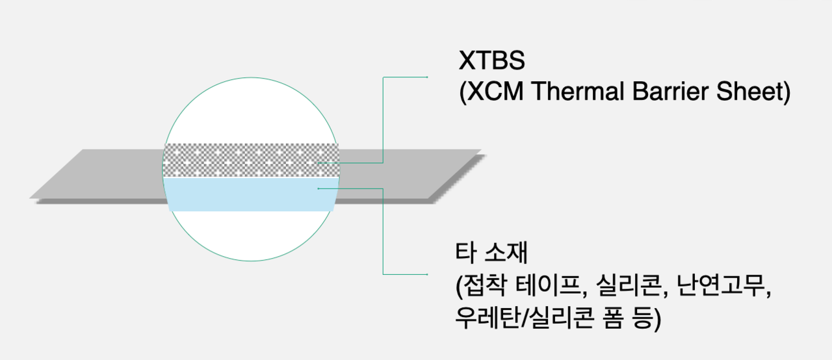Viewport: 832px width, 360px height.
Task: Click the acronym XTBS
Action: [491, 61]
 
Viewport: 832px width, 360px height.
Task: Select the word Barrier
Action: [667, 93]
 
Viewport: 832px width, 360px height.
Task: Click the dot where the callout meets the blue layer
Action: [318, 188]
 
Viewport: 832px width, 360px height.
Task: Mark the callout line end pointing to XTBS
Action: [426, 77]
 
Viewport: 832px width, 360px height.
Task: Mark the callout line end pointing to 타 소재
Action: [426, 274]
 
